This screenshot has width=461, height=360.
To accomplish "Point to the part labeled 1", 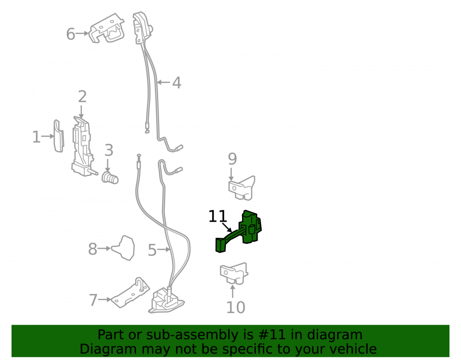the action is coord(59,136).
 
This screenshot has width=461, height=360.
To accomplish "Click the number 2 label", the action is coord(83,97).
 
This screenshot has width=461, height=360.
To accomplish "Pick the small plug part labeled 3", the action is coord(110,178).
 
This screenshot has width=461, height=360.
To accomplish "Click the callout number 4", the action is coord(177,83).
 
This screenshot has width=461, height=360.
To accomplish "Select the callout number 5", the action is coord(152,250).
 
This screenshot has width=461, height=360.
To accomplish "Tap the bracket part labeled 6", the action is coord(106,28).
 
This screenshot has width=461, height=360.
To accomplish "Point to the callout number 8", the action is coord(93,249).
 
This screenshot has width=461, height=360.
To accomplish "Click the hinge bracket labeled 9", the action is coord(242,188).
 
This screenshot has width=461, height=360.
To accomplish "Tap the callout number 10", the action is coord(236,307).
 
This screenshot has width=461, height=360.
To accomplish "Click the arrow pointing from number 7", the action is coord(105,300).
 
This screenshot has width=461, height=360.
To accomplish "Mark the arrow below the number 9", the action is coord(231,174).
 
